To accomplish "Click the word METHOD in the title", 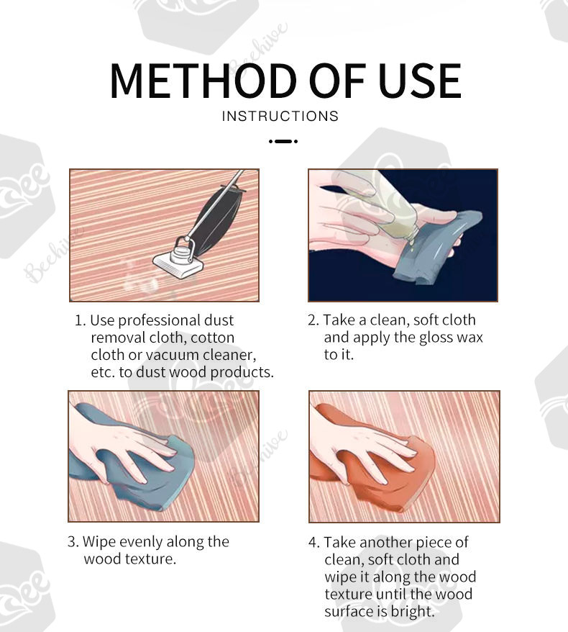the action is pyautogui.click(x=203, y=81).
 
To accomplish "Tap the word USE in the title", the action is pyautogui.click(x=420, y=81).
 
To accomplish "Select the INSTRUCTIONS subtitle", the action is pyautogui.click(x=280, y=116).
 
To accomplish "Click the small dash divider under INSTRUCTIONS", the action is pyautogui.click(x=283, y=141).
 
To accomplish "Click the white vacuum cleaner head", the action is pyautogui.click(x=178, y=264).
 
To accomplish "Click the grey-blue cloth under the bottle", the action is pyautogui.click(x=435, y=250).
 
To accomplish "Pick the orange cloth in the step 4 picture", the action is pyautogui.click(x=372, y=464).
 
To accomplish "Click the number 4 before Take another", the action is pyautogui.click(x=313, y=543).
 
